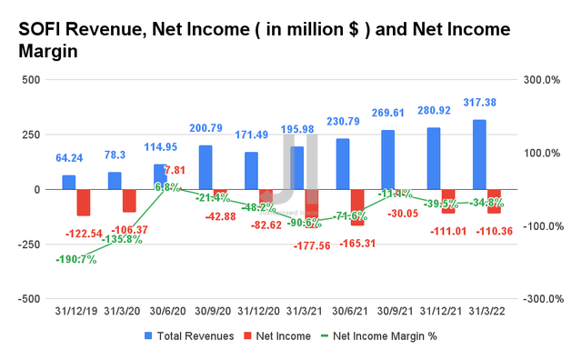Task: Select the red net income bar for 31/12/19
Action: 84,203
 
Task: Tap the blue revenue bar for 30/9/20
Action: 206,167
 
